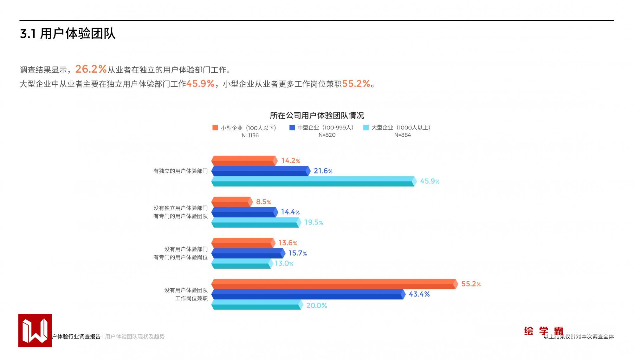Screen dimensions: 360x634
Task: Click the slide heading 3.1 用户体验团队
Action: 68,34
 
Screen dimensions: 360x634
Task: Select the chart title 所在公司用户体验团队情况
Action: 317,115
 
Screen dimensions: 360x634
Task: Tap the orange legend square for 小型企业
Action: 215,128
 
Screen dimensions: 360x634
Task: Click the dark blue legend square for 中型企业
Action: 292,128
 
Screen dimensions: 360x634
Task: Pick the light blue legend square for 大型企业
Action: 366,128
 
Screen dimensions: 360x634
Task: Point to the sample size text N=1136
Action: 250,135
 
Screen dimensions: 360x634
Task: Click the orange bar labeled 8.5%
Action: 231,202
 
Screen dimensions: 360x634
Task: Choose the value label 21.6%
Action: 323,171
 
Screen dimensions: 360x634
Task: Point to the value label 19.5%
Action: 314,222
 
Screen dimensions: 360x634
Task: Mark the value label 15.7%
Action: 297,253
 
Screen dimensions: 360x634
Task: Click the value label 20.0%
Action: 316,305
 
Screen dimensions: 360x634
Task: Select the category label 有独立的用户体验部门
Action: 181,171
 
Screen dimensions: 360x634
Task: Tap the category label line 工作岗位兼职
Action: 191,298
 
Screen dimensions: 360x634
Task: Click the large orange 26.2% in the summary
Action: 91,69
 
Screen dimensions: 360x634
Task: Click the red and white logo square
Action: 35,331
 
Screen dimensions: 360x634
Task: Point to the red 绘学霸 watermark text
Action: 543,331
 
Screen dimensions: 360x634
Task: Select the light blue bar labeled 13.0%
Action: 241,264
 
